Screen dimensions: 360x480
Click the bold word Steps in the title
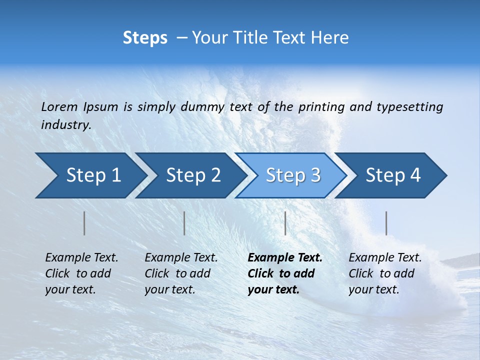pos(145,38)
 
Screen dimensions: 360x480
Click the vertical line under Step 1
pos(84,223)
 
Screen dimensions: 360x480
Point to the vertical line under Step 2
pos(184,223)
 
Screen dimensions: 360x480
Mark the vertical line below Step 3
pos(285,223)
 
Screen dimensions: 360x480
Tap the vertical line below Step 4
pos(386,223)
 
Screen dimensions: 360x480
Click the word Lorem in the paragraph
pos(59,106)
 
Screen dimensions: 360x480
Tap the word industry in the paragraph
pos(65,124)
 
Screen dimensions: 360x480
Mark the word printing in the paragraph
pos(320,107)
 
